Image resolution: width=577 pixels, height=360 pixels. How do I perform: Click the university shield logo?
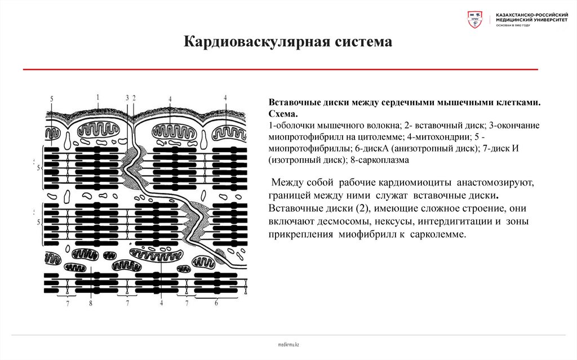[475, 20]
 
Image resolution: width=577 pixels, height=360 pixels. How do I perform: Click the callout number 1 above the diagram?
[97, 97]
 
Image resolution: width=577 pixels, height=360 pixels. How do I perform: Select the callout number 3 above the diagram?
[127, 97]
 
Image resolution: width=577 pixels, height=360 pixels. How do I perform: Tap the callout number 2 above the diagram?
[134, 97]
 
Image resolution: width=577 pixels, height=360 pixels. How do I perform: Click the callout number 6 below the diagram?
[216, 304]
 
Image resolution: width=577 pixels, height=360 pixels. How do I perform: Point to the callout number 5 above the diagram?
[51, 99]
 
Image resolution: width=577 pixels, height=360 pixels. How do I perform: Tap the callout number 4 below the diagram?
[161, 304]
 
